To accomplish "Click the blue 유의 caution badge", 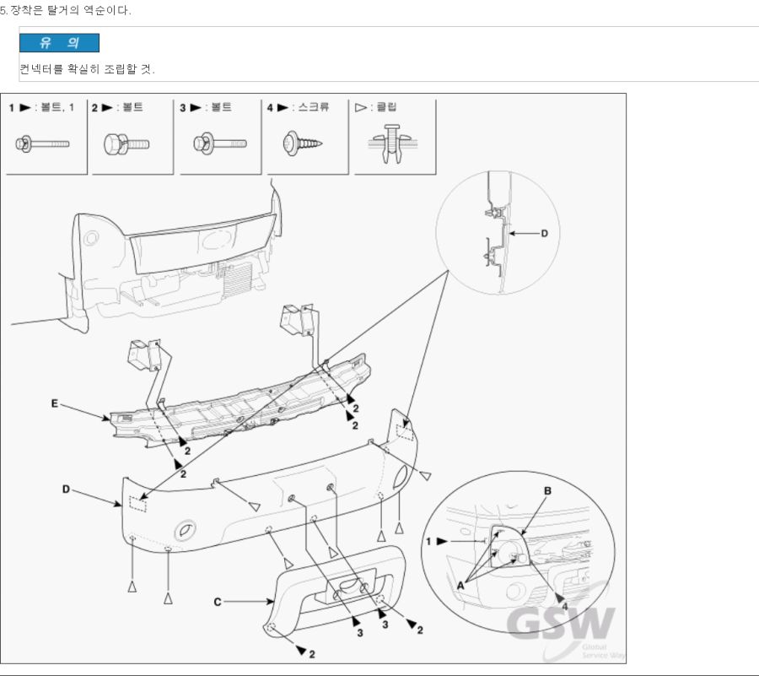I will click(59, 43).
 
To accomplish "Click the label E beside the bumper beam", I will click(55, 404).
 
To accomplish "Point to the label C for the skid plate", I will click(218, 602).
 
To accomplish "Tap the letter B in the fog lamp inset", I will click(547, 490).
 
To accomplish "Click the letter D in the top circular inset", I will click(544, 233).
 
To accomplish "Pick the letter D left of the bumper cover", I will click(66, 489).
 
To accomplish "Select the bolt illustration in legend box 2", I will click(126, 143).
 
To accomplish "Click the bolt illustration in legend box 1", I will click(41, 143).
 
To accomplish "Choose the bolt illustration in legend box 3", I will click(220, 143).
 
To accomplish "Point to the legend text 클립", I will click(386, 107).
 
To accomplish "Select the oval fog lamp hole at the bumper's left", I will click(184, 533).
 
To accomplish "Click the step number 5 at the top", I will click(3, 10).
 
